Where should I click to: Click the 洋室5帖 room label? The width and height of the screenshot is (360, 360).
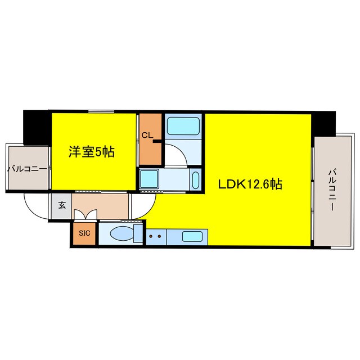coord(92,152)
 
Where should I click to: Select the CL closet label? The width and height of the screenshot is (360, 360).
coord(148,135)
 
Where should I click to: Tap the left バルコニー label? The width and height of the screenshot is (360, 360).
coord(27,168)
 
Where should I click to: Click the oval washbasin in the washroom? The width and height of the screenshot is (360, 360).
coord(195,181)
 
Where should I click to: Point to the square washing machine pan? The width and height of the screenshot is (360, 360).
coord(151,181)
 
